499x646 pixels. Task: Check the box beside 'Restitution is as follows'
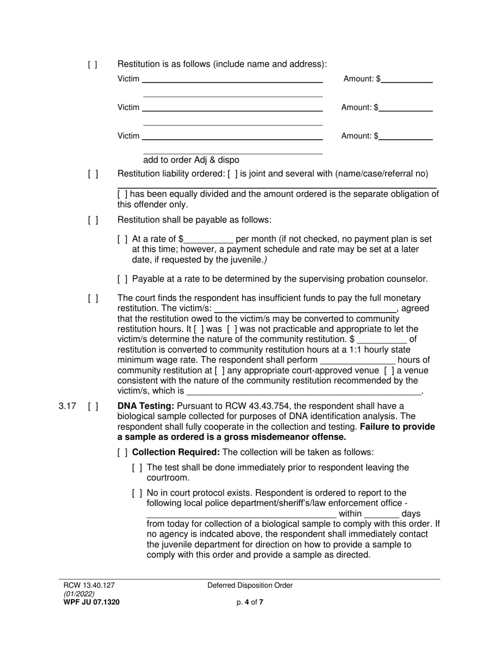coord(92,65)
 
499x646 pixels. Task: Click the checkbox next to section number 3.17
coord(92,406)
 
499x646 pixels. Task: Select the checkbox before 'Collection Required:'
coord(122,452)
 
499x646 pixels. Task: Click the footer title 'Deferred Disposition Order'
coord(250,586)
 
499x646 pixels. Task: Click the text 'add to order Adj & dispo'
coord(191,160)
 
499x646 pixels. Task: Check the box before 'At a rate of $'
coord(122,239)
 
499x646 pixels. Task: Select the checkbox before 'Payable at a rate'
coord(122,279)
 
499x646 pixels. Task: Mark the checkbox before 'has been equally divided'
coord(122,194)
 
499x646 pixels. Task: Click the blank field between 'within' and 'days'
coord(381,514)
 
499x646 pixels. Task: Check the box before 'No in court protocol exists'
coord(137,493)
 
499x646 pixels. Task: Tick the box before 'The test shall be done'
coord(137,468)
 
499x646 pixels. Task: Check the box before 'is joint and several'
coord(233,174)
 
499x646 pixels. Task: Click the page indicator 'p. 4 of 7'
coord(250,602)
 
